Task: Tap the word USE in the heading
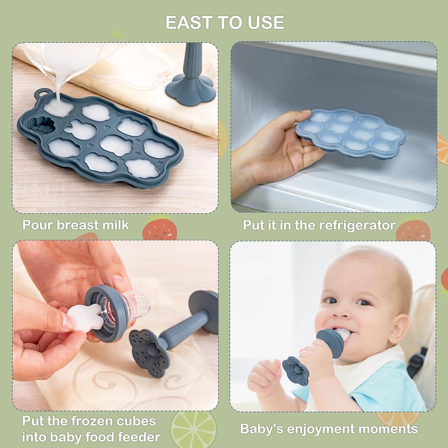[266, 23]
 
